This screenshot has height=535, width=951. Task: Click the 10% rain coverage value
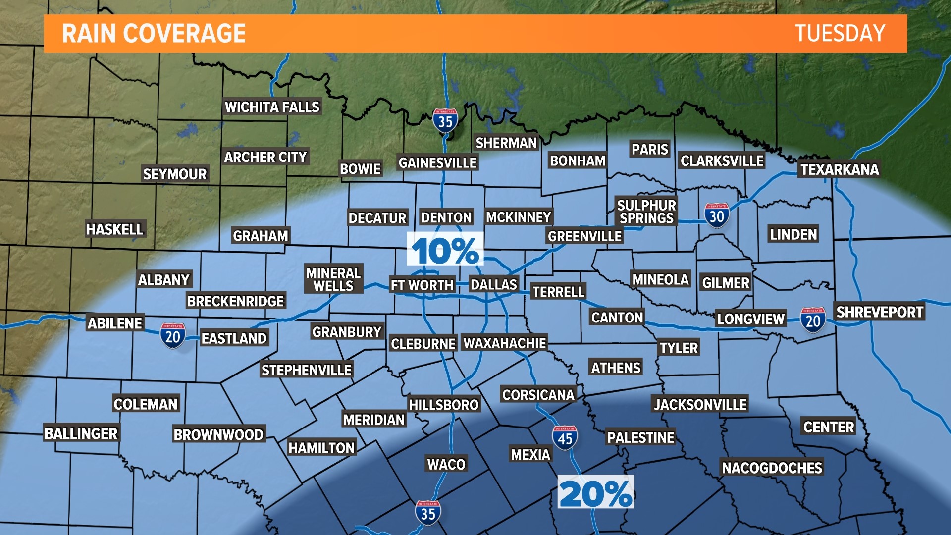point(445,251)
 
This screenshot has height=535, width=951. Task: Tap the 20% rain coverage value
point(595,493)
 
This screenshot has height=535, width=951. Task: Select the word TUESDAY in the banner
point(840,34)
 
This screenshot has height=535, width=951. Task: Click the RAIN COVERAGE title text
point(154,34)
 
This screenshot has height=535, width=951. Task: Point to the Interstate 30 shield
point(716,215)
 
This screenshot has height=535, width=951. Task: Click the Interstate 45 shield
point(565,438)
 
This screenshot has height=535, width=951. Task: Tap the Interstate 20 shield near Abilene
point(172,336)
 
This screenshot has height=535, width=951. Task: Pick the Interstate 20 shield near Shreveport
point(813,320)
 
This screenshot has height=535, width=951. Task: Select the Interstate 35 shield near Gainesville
point(445,120)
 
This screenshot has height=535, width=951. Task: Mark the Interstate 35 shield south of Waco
point(428,513)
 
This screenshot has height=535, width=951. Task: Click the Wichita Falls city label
point(272,107)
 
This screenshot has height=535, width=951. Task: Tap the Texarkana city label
point(840,169)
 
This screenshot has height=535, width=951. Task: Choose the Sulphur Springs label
point(646,212)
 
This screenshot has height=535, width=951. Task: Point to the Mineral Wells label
point(333,279)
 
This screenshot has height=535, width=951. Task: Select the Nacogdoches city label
point(772,468)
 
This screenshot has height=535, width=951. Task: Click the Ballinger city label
point(81,433)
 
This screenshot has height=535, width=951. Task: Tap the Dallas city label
point(493,285)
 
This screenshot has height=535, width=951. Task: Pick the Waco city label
point(446,464)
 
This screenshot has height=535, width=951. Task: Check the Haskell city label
point(114,229)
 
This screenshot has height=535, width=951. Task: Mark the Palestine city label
point(640,438)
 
